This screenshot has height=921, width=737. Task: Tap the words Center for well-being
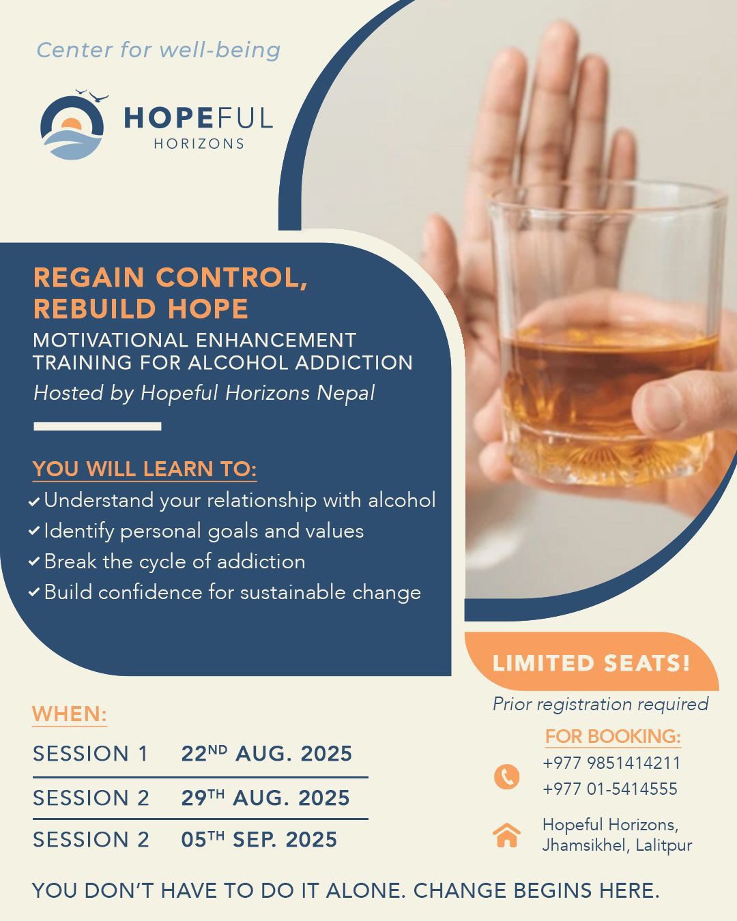tap(158, 50)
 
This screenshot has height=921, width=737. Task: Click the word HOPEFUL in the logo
tap(199, 118)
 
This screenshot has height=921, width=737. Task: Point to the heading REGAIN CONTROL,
tap(171, 278)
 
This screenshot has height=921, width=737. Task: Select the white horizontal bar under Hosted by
tap(98, 426)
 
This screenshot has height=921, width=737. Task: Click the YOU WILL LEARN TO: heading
tap(145, 469)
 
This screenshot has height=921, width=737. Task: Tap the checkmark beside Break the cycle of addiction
tap(34, 561)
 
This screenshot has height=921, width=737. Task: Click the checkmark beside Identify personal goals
tap(34, 531)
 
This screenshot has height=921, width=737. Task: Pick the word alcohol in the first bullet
tap(402, 500)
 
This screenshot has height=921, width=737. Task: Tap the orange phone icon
tap(506, 777)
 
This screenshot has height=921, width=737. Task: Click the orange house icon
tap(506, 835)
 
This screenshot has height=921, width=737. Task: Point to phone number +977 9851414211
tap(611, 763)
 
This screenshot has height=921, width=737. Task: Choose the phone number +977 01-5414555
tap(610, 789)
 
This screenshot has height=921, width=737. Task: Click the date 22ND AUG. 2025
tap(266, 753)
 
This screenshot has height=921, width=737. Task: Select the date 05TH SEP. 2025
tap(259, 839)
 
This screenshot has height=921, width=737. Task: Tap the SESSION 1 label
tap(90, 754)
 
